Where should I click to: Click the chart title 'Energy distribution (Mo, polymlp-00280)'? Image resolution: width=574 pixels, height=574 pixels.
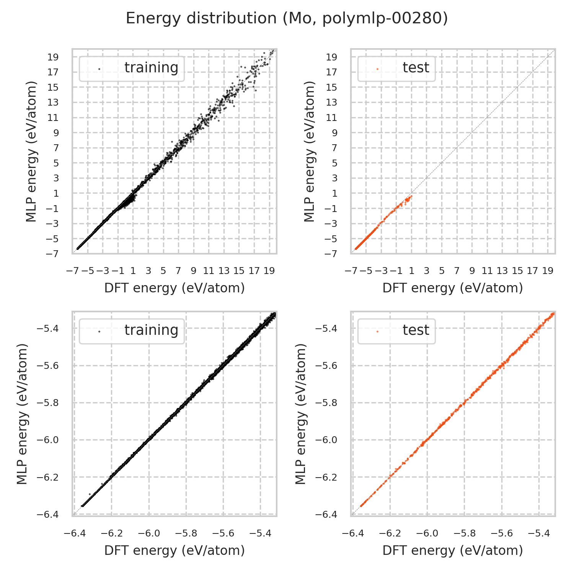(287, 18)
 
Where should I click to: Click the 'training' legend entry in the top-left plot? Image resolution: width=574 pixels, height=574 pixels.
(151, 67)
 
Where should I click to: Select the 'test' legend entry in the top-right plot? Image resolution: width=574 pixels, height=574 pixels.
(416, 67)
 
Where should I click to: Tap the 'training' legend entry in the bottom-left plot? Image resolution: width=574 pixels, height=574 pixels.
(151, 330)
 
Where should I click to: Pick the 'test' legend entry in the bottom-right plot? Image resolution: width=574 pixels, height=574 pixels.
(416, 330)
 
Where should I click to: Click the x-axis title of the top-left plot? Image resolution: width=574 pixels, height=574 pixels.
(174, 288)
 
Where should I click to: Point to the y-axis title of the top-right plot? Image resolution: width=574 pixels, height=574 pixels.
(309, 152)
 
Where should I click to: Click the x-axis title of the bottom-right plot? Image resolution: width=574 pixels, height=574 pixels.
(453, 550)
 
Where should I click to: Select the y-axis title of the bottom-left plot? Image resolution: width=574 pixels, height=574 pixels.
(23, 414)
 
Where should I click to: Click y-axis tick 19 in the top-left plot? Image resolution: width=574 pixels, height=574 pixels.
(53, 57)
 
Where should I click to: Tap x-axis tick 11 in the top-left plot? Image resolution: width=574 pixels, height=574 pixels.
(209, 271)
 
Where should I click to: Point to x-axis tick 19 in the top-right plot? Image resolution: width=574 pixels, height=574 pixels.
(548, 271)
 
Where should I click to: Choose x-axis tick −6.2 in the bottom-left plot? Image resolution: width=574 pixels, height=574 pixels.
(112, 533)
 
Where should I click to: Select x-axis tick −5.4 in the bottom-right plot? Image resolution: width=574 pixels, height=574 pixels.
(539, 533)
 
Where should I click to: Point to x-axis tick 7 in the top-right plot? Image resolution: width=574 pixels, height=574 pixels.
(457, 271)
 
